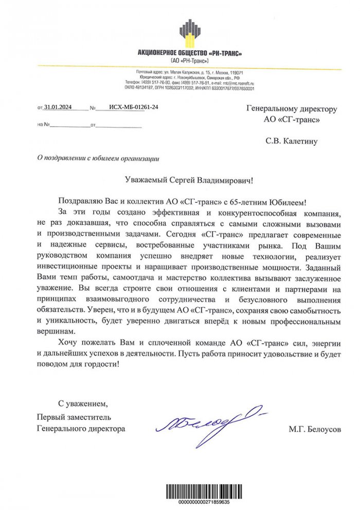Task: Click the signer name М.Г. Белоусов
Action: click(x=315, y=428)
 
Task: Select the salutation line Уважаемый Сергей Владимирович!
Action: click(x=189, y=180)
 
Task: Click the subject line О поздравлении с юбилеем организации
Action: click(x=95, y=159)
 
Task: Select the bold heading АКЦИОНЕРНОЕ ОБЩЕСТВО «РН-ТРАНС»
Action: click(x=190, y=53)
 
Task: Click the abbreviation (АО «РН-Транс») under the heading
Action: click(x=190, y=61)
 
